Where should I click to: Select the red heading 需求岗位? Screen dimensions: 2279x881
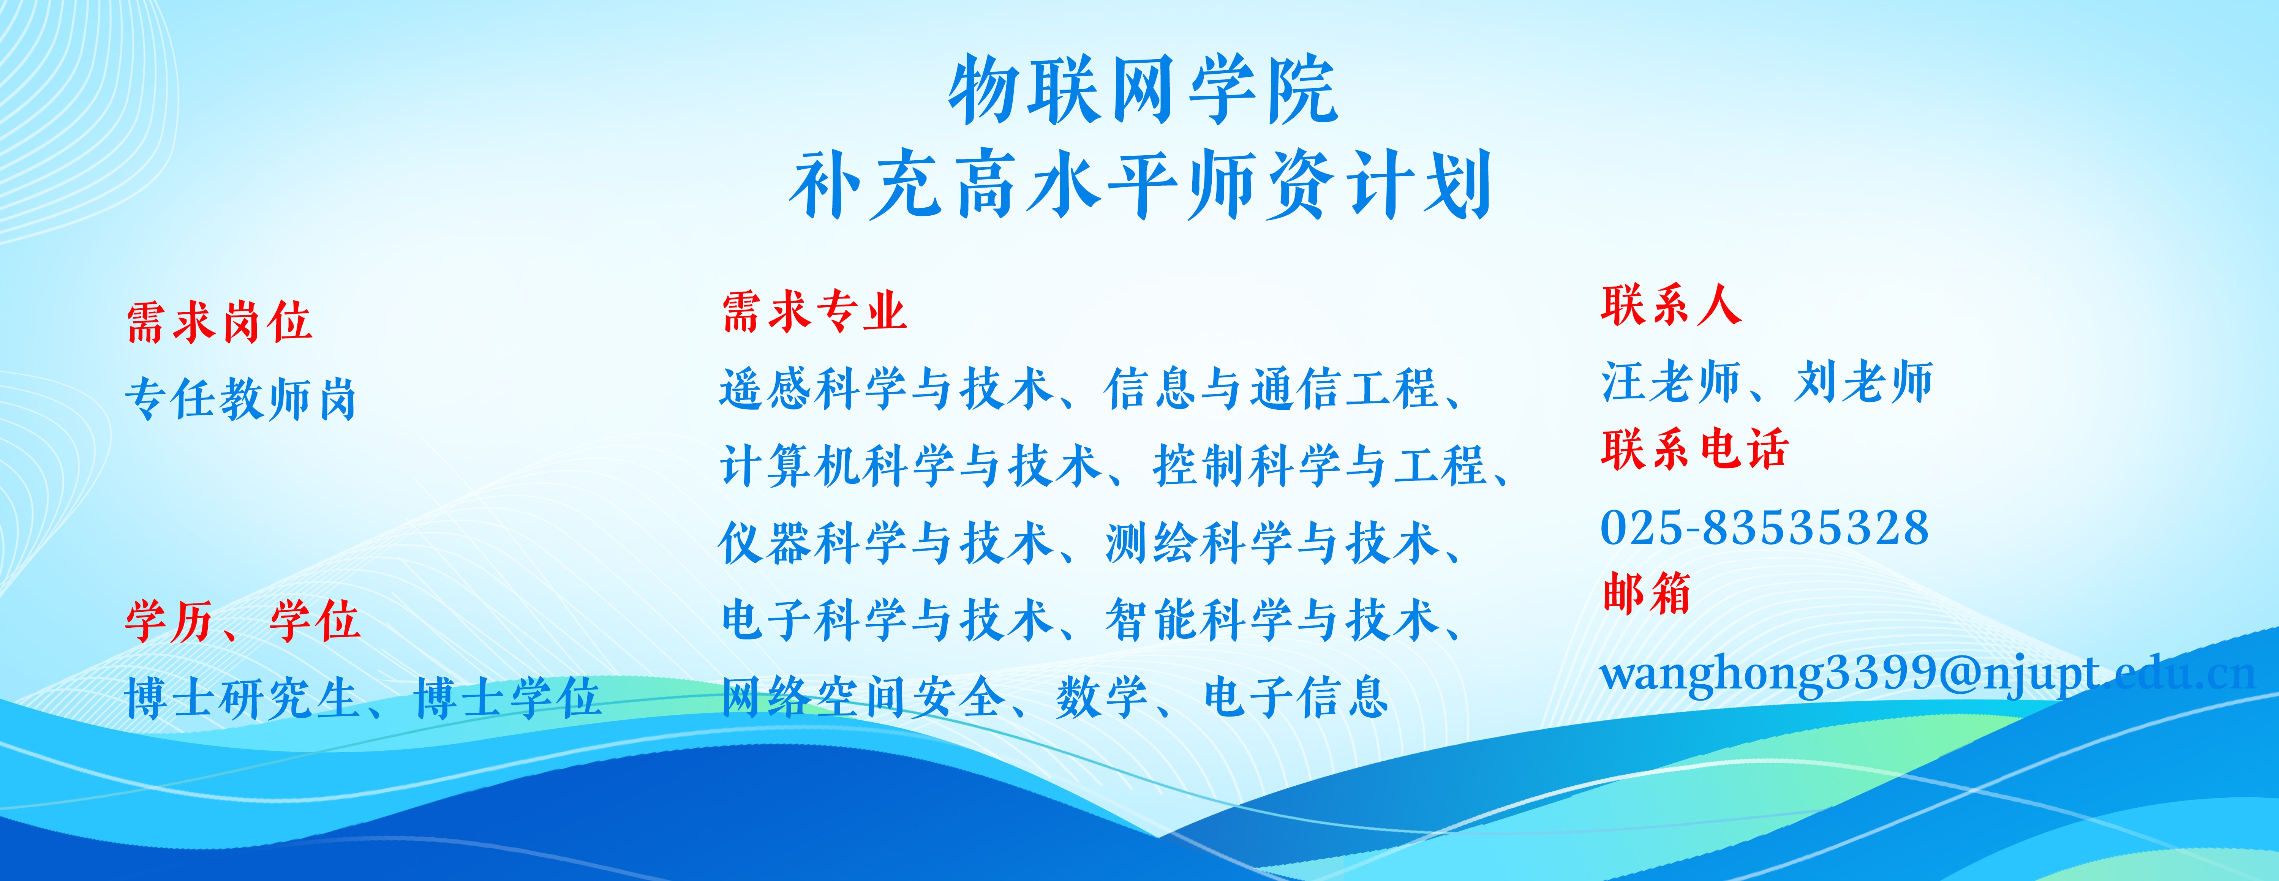pyautogui.click(x=220, y=321)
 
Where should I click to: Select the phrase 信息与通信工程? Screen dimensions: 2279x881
pyautogui.click(x=1271, y=388)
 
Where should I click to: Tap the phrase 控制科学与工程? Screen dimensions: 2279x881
pyautogui.click(x=1320, y=465)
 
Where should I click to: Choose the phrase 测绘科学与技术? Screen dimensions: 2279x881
pyautogui.click(x=1271, y=542)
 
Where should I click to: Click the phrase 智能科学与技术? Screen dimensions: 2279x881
pyautogui.click(x=1271, y=619)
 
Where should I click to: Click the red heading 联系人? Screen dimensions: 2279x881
pyautogui.click(x=1671, y=305)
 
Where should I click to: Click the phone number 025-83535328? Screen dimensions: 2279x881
pyautogui.click(x=1764, y=528)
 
